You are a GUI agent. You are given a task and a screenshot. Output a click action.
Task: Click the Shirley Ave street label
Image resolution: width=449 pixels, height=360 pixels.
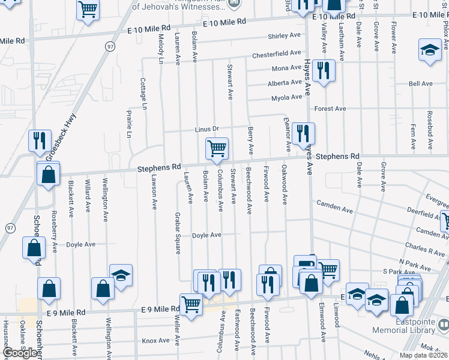284,36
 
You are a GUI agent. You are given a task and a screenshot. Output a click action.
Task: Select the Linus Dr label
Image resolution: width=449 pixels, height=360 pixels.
207,130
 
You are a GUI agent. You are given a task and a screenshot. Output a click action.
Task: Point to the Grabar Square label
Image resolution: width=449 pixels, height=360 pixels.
178,233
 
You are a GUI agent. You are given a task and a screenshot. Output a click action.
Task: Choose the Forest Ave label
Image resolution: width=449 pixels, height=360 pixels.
330,109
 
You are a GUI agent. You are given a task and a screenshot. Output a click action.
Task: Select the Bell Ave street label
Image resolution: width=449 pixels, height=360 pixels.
420,84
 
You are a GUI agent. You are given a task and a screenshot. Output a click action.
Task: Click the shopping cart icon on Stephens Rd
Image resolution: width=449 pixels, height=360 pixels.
216,148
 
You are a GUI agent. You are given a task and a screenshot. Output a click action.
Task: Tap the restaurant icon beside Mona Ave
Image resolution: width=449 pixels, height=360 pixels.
324,71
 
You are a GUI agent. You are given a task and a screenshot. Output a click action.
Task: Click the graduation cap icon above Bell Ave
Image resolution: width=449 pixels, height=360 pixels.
430,50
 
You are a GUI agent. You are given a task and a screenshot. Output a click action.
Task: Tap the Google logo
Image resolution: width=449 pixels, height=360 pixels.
20,353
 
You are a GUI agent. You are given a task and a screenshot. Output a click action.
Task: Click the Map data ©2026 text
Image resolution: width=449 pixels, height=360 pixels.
423,355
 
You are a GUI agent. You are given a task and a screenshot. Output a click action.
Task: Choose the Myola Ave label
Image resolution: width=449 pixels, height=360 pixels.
286,97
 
